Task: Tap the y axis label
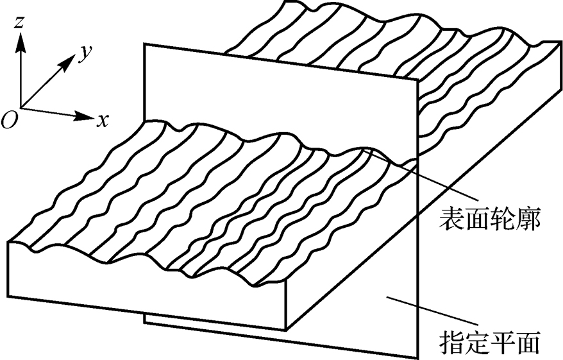click(x=82, y=53)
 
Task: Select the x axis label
click(x=102, y=119)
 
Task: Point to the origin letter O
click(x=8, y=121)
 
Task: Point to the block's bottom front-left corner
click(x=9, y=298)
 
